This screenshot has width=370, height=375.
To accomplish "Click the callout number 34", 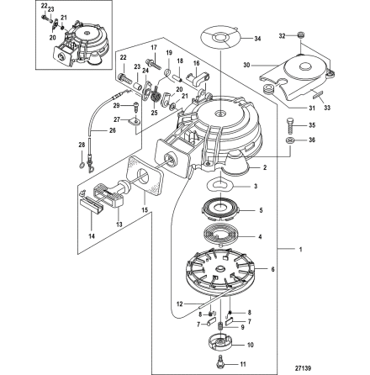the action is coord(257,38).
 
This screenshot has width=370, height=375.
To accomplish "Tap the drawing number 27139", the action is coord(303,367).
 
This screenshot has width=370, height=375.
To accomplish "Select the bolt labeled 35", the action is coord(290,126).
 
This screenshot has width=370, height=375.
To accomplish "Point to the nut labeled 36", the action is coord(290,140).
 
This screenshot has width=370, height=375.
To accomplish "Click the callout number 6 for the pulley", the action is coord(272,269).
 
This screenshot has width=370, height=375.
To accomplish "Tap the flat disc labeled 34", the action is coord(220,37).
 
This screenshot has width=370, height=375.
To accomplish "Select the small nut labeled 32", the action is coord(301,35).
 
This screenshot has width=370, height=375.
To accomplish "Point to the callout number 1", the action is coord(301,249).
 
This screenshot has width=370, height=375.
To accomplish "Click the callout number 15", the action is coord(145,209).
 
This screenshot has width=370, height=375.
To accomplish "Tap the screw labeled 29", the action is coord(135,107).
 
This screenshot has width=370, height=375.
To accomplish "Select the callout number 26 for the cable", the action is coord(112,130).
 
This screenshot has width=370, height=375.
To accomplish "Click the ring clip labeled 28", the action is coord(82,166).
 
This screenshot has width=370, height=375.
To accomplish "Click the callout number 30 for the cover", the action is coord(246,65).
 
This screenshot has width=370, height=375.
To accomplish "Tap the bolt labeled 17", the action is coord(153,63).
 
